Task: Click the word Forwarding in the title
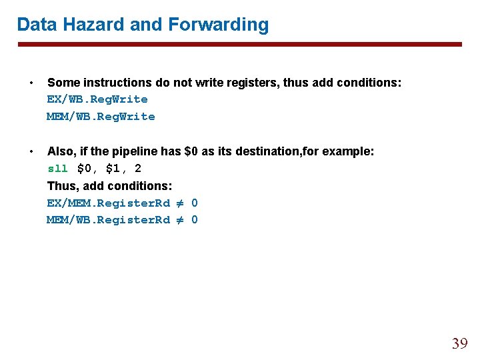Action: point(219,25)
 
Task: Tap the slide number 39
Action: point(459,344)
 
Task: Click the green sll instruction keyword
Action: point(57,169)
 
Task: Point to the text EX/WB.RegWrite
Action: point(97,99)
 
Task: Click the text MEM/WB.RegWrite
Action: point(101,117)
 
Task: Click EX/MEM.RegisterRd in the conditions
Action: point(108,203)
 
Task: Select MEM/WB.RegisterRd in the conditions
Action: point(108,220)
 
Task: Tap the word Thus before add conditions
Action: point(62,185)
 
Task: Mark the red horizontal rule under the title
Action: point(239,45)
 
